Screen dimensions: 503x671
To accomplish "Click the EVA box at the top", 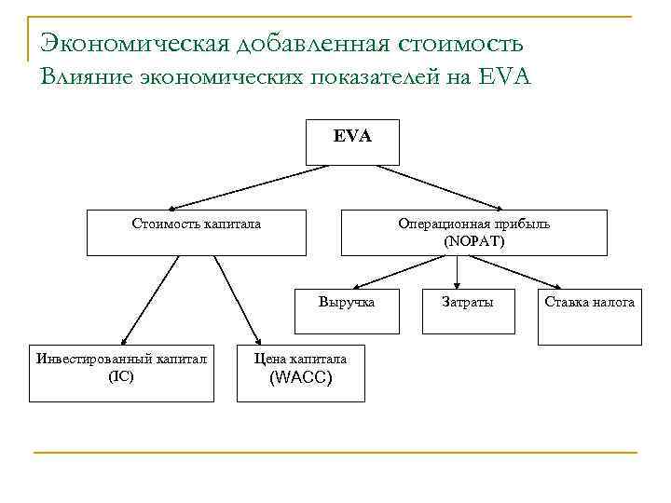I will click(352, 142).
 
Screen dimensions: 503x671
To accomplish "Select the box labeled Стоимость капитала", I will click(196, 232).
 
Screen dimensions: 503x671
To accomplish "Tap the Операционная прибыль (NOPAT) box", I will click(473, 232).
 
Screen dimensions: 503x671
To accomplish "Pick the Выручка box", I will click(347, 310).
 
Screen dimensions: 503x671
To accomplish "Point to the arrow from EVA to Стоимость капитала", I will click(252, 187).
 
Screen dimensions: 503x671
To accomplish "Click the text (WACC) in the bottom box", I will click(300, 379).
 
